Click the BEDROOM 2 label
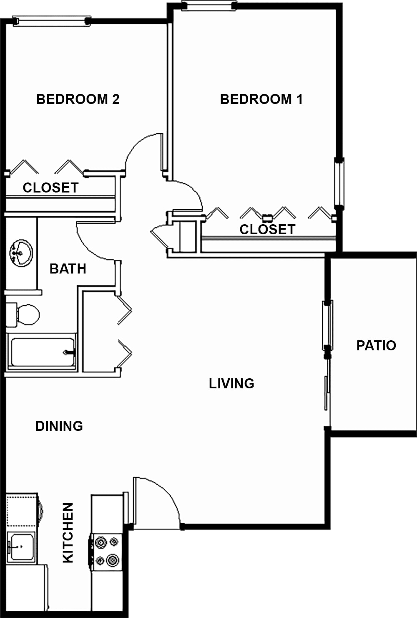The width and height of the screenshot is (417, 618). click(78, 99)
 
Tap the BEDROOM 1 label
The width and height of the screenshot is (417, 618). click(261, 99)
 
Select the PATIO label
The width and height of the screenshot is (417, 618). click(376, 345)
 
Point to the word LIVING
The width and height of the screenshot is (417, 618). click(231, 383)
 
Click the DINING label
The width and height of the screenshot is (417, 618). click(59, 426)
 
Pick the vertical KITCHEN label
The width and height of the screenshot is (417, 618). click(68, 533)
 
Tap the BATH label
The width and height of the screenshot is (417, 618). click(68, 269)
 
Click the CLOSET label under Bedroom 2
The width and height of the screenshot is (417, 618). click(51, 188)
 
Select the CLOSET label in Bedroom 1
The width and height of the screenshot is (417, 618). click(267, 230)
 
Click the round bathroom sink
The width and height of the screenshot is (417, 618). click(21, 253)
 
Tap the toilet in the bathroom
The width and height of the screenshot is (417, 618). click(23, 315)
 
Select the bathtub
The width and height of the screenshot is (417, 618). click(41, 351)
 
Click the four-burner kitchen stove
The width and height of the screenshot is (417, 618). click(106, 552)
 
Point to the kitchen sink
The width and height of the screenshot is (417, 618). click(21, 547)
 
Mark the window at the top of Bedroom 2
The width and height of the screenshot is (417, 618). click(52, 21)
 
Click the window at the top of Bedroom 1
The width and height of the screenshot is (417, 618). click(209, 5)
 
